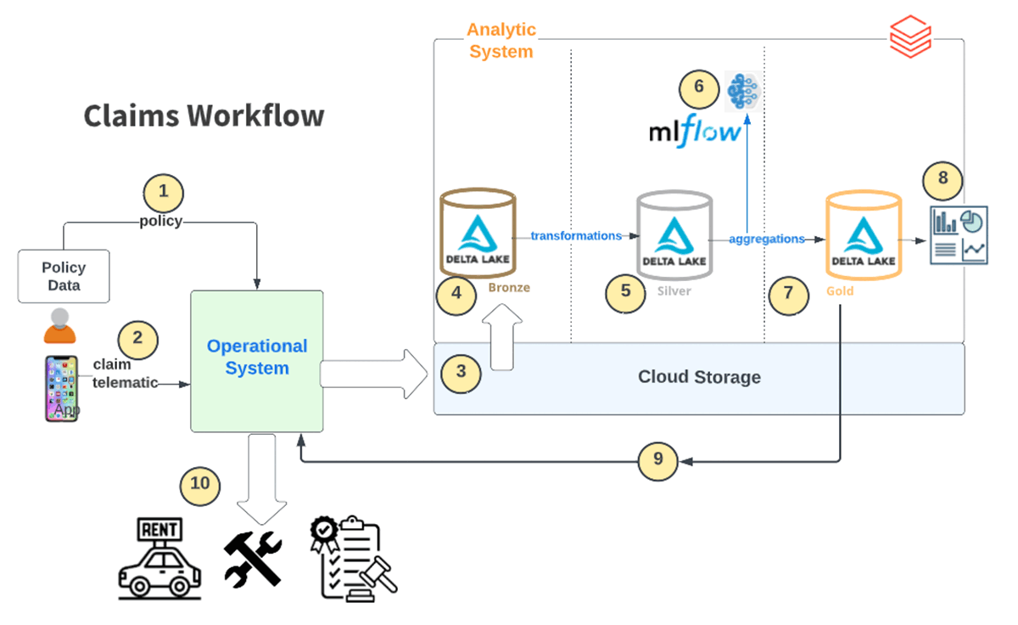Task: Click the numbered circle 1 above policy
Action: (164, 192)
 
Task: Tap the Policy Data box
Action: (64, 276)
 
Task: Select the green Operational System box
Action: (257, 360)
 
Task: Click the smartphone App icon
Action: (61, 388)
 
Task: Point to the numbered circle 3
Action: (461, 371)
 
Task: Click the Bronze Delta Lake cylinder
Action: (478, 233)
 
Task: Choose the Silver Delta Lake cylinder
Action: (674, 234)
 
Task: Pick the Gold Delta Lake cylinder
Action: (863, 234)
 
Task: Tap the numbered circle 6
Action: (698, 86)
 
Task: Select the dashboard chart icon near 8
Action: (959, 234)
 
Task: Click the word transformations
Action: (576, 235)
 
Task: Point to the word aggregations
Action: (767, 239)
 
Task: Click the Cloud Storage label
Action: (699, 377)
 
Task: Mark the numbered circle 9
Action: (658, 461)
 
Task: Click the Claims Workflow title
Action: (204, 115)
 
